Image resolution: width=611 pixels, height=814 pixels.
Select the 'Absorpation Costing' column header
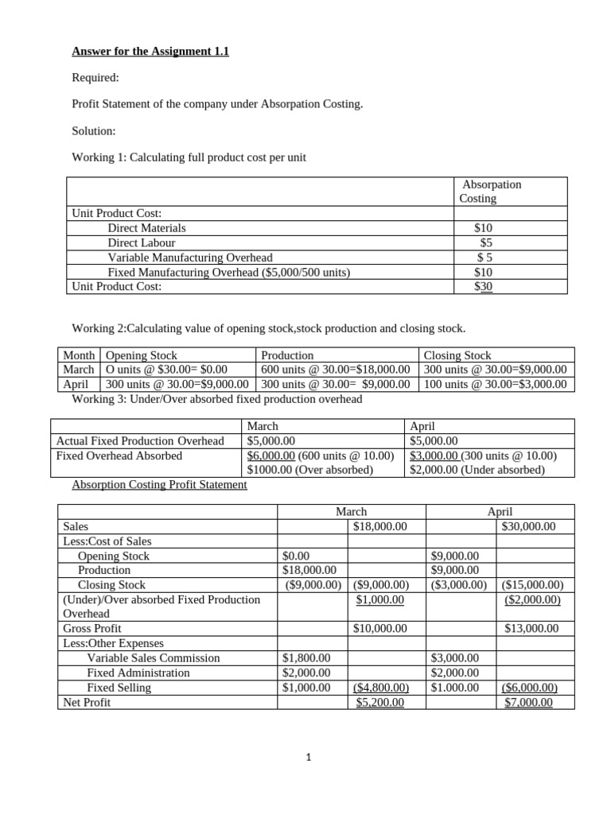point(490,191)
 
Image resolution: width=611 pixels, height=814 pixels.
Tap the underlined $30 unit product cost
point(483,286)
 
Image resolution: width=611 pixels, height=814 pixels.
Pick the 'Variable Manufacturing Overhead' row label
point(189,257)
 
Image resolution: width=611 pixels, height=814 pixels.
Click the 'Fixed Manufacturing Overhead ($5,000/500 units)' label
point(228,272)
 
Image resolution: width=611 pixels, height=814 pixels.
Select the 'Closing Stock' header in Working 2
point(457,355)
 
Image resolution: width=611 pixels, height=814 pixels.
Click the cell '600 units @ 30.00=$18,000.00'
point(335,370)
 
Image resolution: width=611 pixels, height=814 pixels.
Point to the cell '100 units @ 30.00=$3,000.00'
point(495,384)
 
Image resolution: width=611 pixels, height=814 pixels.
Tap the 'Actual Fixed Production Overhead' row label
point(139,440)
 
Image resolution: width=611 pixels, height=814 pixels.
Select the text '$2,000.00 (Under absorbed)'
point(477,470)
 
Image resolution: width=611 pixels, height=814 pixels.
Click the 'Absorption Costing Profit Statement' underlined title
point(159,484)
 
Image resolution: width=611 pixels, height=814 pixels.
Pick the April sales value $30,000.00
point(529,526)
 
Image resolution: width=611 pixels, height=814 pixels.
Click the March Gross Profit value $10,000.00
point(379,628)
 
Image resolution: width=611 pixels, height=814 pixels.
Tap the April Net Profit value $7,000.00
point(528,702)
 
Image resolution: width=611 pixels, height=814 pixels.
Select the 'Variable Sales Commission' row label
point(154,658)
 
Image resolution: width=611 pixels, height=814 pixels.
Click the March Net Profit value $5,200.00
point(379,702)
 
